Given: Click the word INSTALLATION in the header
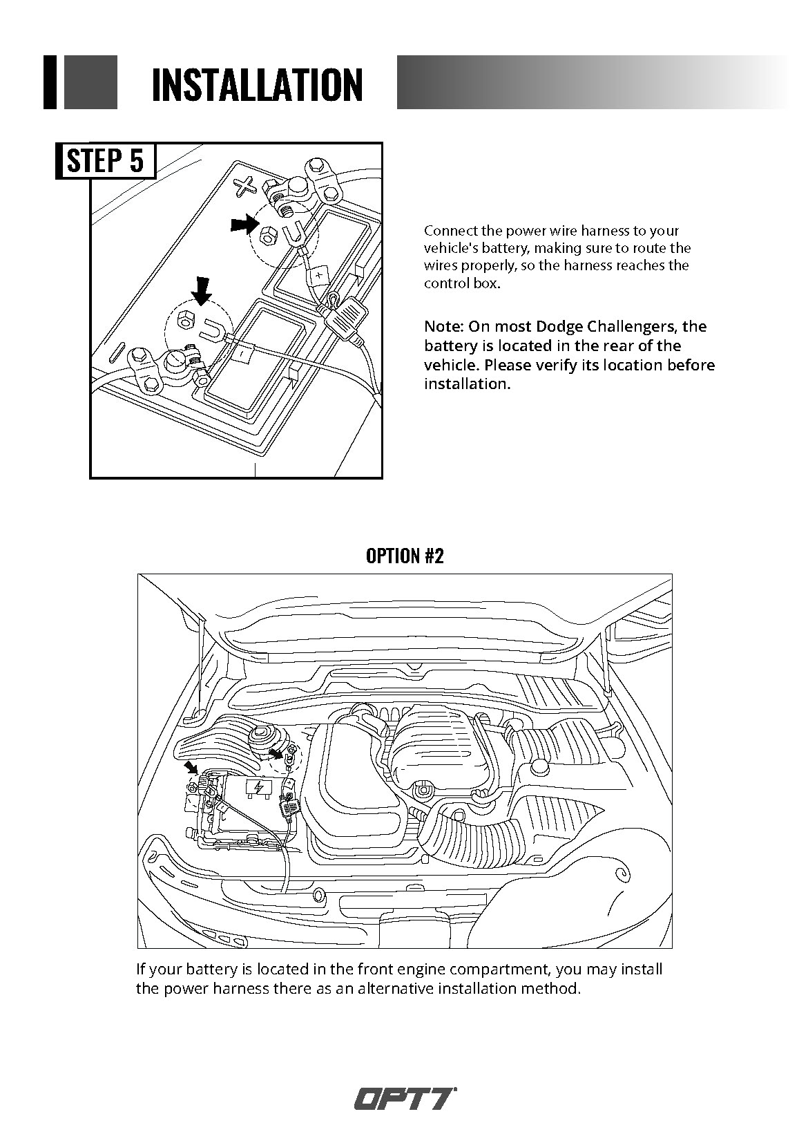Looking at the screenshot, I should [257, 84].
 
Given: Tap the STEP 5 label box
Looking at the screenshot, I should [106, 160].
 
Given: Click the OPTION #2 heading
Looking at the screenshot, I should [404, 556].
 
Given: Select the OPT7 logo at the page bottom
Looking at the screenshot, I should [405, 1098].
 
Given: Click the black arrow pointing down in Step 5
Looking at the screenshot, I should [201, 290].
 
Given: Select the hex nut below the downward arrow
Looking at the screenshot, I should [186, 319].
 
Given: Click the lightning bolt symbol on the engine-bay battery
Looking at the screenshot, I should [258, 788].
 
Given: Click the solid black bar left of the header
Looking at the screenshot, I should [50, 82].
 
